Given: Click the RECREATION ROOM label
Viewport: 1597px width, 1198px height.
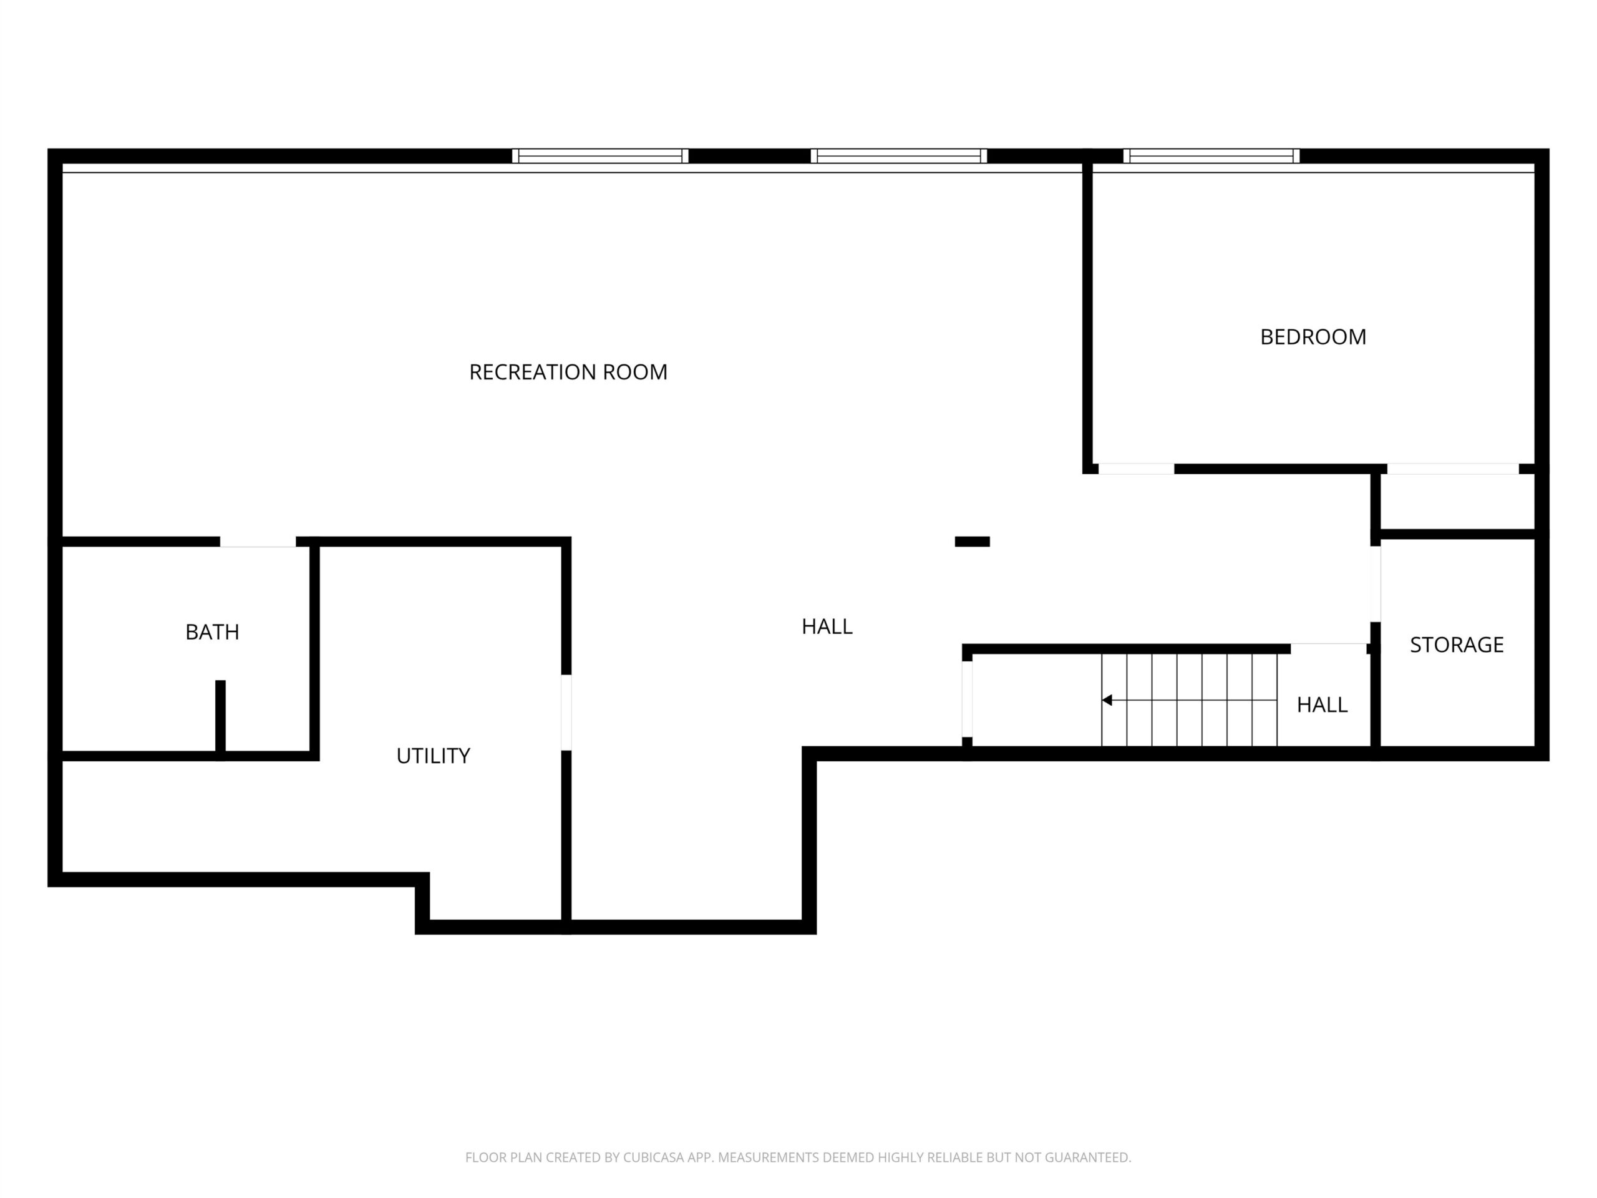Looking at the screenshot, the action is (x=568, y=372).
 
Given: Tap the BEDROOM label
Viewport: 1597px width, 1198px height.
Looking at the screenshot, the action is (x=1313, y=337).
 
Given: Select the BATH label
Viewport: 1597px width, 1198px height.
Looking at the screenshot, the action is (x=212, y=632).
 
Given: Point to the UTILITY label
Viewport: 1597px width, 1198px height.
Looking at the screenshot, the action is (x=433, y=756).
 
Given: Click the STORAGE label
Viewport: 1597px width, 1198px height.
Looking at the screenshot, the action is (x=1457, y=644).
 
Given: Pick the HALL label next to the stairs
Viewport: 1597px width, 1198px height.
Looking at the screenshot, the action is (x=1322, y=705).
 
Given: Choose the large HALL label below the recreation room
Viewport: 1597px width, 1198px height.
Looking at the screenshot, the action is (x=827, y=626).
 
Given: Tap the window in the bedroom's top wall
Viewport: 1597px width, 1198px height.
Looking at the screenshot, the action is (x=1211, y=156).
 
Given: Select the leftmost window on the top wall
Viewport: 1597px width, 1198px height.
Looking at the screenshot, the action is (x=600, y=156).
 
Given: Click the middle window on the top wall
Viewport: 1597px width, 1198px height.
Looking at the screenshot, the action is (x=899, y=156).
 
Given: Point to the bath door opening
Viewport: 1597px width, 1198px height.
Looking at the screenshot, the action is (x=258, y=542).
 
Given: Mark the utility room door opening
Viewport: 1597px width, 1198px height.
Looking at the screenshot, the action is (x=566, y=713).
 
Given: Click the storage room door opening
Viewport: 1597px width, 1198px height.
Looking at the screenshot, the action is (x=1376, y=583).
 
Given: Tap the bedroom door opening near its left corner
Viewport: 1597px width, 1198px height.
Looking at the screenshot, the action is (x=1137, y=469).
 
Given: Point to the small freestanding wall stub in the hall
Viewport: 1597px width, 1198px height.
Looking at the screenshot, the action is (x=973, y=542).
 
